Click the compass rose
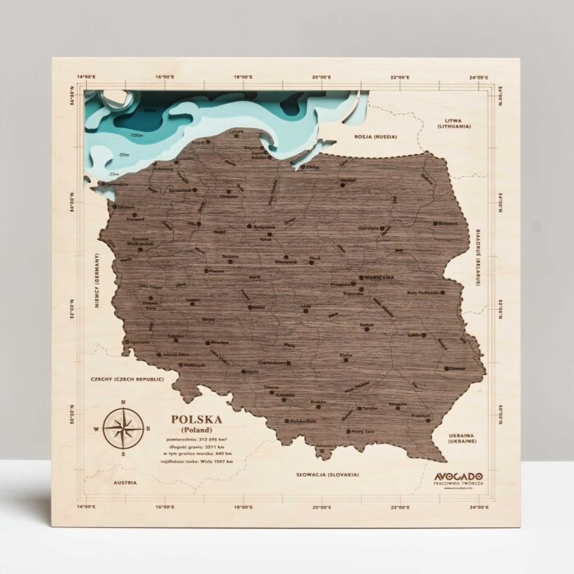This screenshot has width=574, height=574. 122,427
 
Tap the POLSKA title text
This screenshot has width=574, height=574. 196,420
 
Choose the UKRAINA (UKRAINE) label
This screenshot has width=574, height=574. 456,439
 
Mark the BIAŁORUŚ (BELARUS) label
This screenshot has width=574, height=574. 476,256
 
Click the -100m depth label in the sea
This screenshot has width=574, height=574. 136,134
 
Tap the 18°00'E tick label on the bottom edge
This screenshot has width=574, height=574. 242,508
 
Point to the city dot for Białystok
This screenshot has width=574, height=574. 437,221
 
